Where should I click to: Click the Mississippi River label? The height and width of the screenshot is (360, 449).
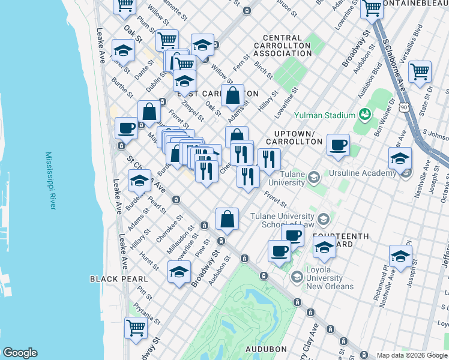pos(50,181)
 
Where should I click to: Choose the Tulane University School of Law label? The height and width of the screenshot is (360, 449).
pos(282,220)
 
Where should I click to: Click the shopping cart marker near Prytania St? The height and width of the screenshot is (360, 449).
pos(136,328)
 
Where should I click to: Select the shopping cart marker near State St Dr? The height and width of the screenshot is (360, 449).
pos(420,71)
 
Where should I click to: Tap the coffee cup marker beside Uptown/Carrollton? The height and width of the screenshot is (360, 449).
pos(339,144)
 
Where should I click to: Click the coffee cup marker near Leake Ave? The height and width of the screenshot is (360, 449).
pos(127,128)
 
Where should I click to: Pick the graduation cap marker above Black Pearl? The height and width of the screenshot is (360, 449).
pos(179,271)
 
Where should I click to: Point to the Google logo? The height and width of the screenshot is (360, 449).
pos(20,353)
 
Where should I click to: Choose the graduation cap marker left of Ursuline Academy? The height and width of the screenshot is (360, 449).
pos(400,159)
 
